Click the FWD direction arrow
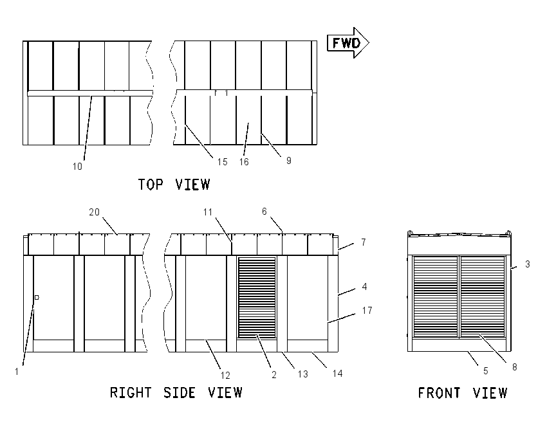(348, 43)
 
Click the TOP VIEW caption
(174, 185)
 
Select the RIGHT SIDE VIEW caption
(176, 392)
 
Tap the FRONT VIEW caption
(463, 393)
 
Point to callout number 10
(77, 167)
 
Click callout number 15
(222, 162)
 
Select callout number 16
(244, 162)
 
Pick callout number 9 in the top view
(288, 160)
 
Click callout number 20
(94, 212)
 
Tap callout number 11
(208, 212)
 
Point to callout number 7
(364, 242)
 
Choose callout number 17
(367, 310)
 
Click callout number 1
(16, 372)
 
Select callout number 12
(225, 376)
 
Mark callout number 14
(337, 374)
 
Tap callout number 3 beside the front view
(528, 264)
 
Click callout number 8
(515, 367)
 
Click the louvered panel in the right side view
(257, 297)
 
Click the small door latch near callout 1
(37, 297)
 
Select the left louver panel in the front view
(436, 296)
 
